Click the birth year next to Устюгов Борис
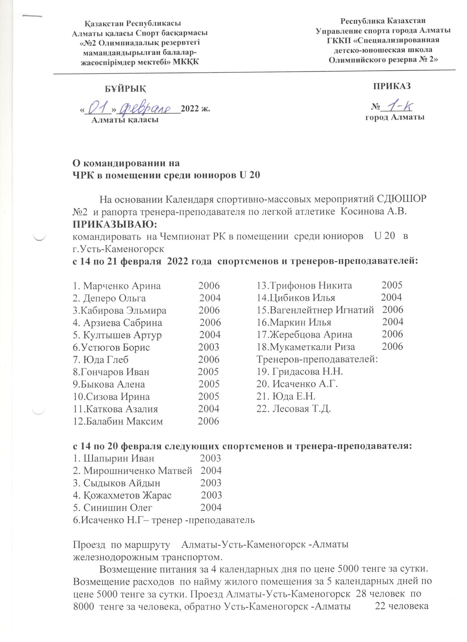click(x=209, y=347)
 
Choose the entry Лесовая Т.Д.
click(x=294, y=409)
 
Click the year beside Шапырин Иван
click(x=210, y=458)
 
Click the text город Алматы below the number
click(x=395, y=118)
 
